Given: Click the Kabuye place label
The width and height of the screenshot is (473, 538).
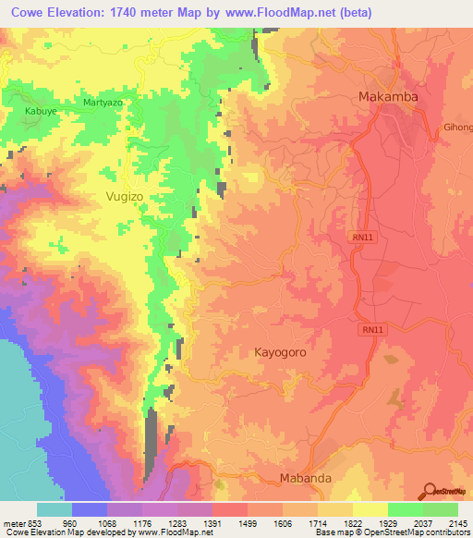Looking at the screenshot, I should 35,111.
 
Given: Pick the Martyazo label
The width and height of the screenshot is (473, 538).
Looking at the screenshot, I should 103,102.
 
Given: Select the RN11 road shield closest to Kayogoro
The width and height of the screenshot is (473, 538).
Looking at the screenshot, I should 368,328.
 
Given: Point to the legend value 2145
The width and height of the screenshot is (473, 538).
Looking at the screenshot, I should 459,523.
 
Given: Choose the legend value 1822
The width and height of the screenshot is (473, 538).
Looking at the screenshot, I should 352,523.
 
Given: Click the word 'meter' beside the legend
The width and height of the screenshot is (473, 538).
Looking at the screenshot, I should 11,523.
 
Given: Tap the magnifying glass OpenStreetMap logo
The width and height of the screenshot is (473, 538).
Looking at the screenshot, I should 431,492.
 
